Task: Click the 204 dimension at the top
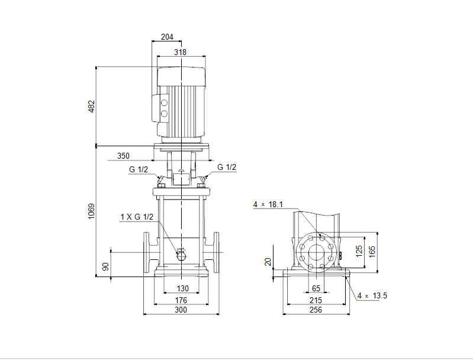tap(167, 37)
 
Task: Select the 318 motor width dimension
tap(180, 52)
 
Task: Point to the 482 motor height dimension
tap(91, 107)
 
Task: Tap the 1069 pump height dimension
tap(91, 211)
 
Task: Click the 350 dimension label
tap(123, 156)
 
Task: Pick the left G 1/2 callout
tap(139, 169)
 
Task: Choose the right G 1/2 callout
tap(227, 167)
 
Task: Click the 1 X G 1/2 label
tap(137, 217)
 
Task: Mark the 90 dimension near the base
tap(105, 267)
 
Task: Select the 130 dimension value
tap(182, 288)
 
